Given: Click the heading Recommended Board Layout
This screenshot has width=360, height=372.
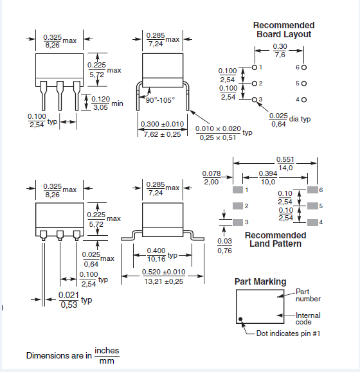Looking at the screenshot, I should (283, 30).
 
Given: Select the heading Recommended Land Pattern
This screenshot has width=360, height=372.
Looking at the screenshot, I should (276, 239).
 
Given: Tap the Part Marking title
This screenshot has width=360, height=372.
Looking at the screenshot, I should (260, 282).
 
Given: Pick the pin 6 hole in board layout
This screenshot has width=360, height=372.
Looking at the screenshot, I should (303, 67).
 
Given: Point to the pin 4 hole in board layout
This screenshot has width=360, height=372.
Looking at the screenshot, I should (303, 100).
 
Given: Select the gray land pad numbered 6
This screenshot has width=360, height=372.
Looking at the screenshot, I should (312, 190).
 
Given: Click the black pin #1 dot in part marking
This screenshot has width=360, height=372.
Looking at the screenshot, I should (241, 319).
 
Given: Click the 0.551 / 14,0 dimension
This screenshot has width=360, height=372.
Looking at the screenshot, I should (285, 163).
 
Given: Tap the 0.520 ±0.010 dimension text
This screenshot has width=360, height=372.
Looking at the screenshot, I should (163, 276).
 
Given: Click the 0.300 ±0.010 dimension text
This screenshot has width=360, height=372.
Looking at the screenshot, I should (162, 128).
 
